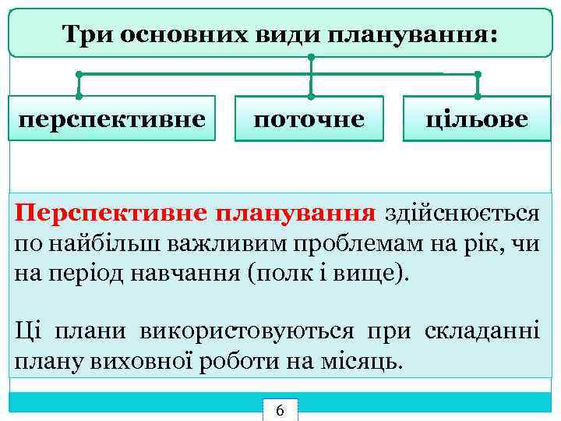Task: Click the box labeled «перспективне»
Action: click(x=112, y=119)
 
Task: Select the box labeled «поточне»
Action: click(x=309, y=119)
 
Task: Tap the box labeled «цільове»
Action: click(x=476, y=119)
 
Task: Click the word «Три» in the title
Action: click(x=85, y=34)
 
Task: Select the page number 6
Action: click(x=280, y=411)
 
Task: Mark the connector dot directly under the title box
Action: click(x=311, y=58)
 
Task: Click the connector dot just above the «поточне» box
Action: click(x=311, y=96)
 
